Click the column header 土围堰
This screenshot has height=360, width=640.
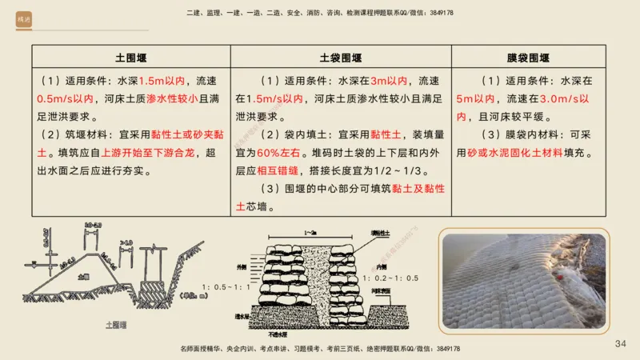[x=131, y=58]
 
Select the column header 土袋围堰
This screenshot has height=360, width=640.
[x=341, y=58]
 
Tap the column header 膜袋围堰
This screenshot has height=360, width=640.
[x=528, y=58]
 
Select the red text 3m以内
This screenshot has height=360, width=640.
[x=389, y=81]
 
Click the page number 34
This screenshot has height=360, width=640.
[x=620, y=343]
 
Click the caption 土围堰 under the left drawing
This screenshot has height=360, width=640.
[x=118, y=325]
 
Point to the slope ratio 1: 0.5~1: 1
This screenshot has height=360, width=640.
[x=226, y=286]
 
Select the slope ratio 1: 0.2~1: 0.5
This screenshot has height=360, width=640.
[x=392, y=278]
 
